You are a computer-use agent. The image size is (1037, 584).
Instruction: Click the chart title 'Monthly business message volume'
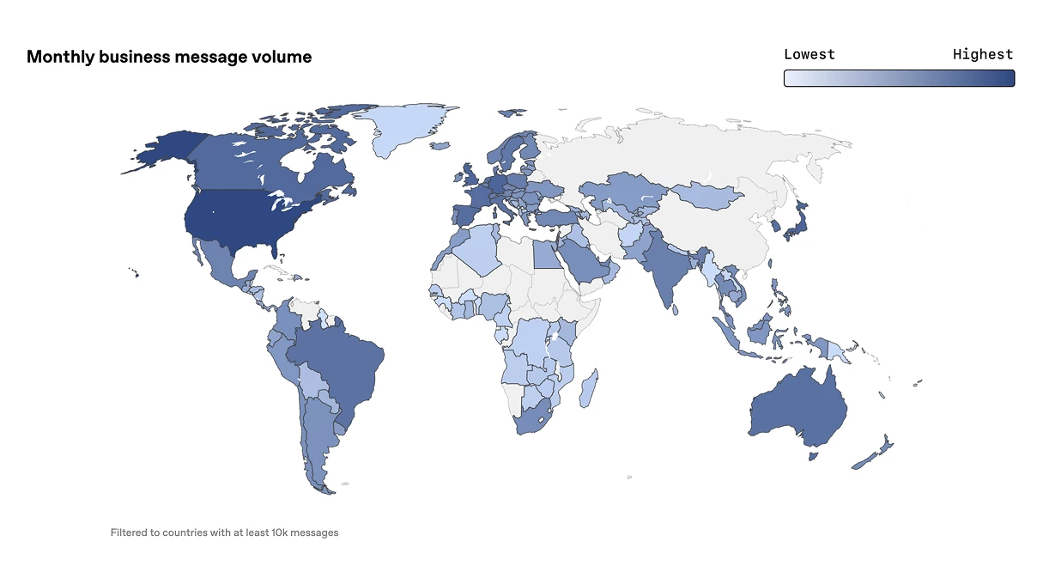click(x=169, y=57)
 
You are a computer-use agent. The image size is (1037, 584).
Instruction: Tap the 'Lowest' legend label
click(x=809, y=54)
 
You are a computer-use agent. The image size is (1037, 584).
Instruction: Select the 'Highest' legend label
click(x=983, y=54)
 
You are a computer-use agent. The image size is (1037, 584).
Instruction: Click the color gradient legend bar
click(x=899, y=78)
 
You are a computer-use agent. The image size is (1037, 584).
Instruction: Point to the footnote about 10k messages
click(x=224, y=532)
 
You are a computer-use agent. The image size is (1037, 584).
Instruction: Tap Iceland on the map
click(x=440, y=146)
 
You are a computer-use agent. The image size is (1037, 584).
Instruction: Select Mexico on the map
click(x=219, y=259)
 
